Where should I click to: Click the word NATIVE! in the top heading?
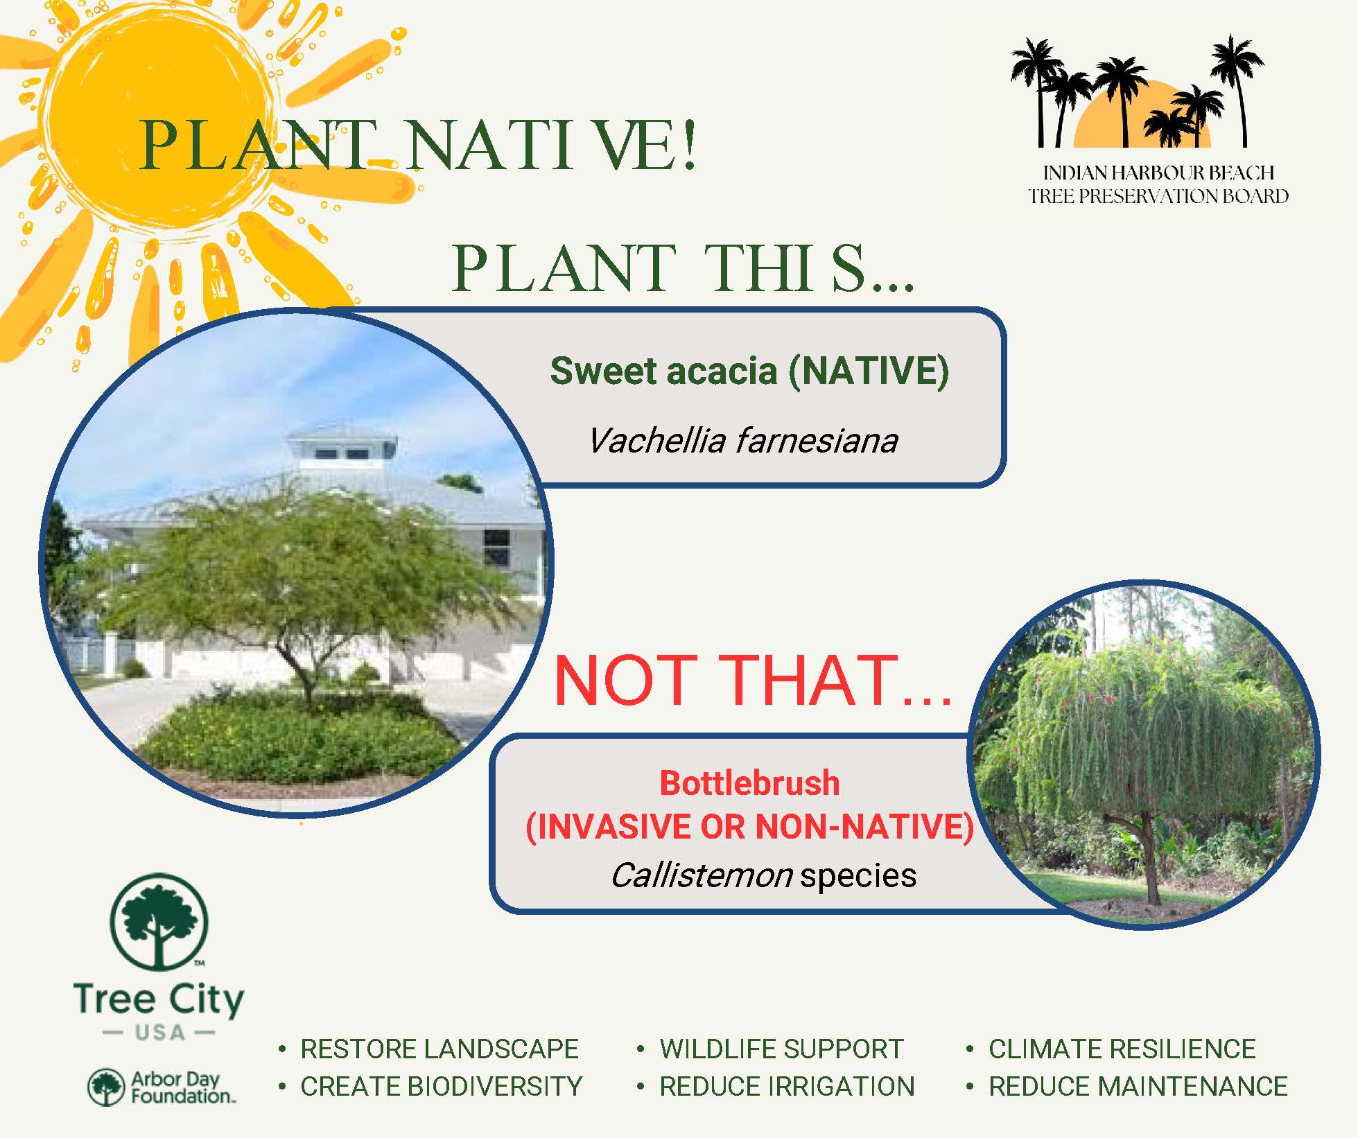point(551,147)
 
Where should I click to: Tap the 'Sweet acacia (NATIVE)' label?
point(749,371)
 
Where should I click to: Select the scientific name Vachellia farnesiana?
point(742,441)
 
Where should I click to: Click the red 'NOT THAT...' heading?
point(753,681)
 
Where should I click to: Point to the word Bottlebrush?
point(749,784)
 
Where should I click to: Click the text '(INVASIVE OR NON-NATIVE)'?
point(749,827)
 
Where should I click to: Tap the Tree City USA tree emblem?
point(159,922)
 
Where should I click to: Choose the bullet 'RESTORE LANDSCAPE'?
point(439,1049)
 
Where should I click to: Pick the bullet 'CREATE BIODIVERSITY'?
point(441,1087)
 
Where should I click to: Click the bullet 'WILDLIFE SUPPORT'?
point(781,1049)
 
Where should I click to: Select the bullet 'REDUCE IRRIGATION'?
point(787,1087)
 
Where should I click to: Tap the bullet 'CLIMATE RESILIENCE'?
point(1122,1049)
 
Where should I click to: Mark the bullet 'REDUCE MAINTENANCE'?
point(1138,1087)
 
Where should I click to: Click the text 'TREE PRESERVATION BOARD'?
point(1158,196)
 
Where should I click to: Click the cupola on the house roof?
point(342,450)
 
